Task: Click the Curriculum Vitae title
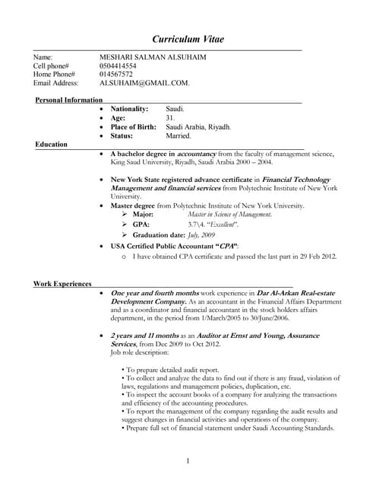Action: point(188,39)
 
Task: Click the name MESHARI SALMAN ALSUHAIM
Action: point(153,57)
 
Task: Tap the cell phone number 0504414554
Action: point(118,66)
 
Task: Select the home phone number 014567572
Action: point(116,75)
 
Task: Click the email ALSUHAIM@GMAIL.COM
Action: point(144,83)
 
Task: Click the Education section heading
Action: point(51,144)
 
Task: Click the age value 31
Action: point(171,118)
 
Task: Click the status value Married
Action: point(179,135)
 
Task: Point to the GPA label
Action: point(141,224)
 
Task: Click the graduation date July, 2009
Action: point(201,234)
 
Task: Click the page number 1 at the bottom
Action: point(188,461)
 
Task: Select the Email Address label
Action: point(57,83)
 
